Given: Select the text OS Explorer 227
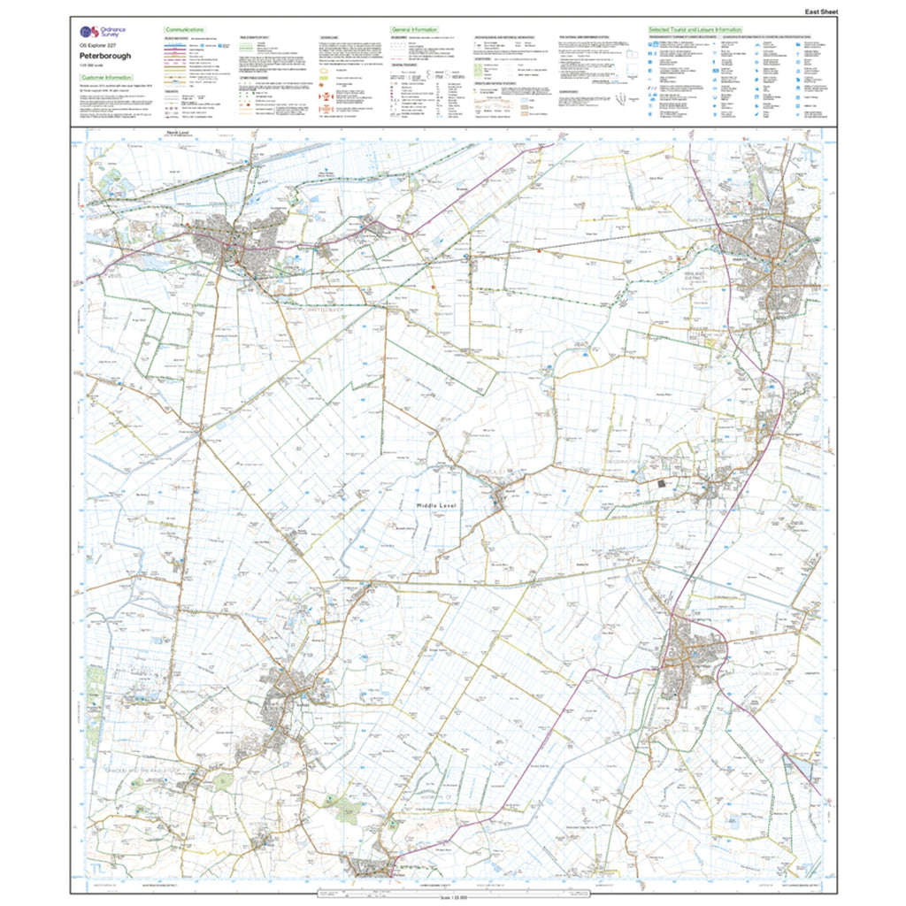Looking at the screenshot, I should (x=98, y=45).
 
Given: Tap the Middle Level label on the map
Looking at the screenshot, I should (x=435, y=505).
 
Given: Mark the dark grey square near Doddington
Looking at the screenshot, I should (x=664, y=484).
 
